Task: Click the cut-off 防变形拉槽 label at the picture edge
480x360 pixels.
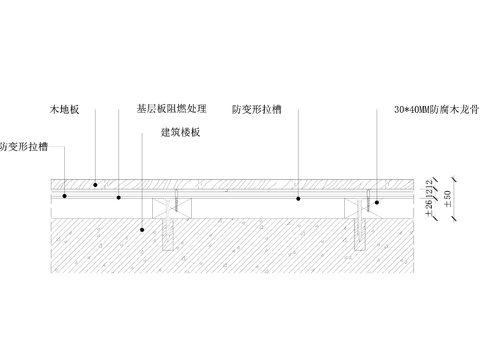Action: (22, 146)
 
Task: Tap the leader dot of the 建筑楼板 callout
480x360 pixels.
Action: (143, 229)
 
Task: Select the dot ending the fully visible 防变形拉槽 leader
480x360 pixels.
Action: (298, 198)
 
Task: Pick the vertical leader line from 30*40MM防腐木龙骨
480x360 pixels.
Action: (377, 150)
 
